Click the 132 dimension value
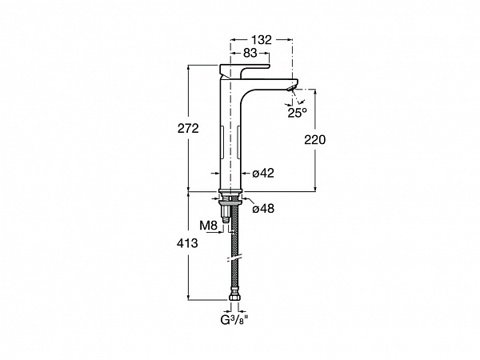[261, 40]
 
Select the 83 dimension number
[250, 53]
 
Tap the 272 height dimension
[188, 128]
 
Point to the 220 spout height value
[314, 139]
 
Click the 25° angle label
[297, 113]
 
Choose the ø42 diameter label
[263, 173]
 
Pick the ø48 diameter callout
[263, 209]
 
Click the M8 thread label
[208, 226]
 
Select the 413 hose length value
[187, 243]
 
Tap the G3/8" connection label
[234, 320]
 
